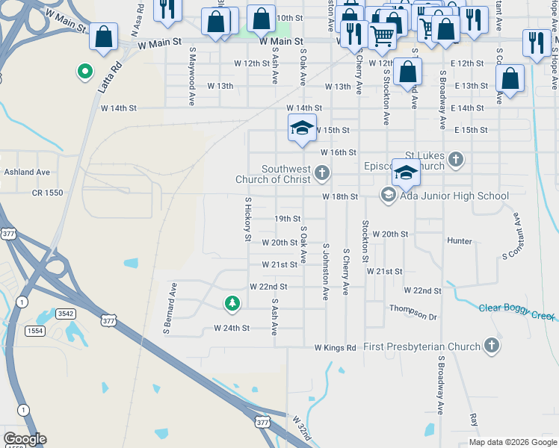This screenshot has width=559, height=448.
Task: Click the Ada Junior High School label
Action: [454, 196]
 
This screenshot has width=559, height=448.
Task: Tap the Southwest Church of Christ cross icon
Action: [322, 174]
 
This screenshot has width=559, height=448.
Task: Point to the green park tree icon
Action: [232, 303]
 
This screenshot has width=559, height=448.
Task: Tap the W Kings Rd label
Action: [335, 348]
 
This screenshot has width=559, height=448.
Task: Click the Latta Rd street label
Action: [109, 77]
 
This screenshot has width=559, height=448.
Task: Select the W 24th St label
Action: [231, 328]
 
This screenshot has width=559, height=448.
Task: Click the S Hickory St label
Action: [247, 220]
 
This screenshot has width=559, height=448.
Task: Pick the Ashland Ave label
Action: [27, 172]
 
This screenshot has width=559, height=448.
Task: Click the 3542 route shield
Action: [66, 314]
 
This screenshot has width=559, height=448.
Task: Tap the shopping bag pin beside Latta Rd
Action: [103, 36]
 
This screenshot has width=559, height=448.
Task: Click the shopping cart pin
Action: [382, 34]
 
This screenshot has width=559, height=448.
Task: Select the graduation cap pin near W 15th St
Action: [303, 128]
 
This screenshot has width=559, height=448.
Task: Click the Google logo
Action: [25, 439]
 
